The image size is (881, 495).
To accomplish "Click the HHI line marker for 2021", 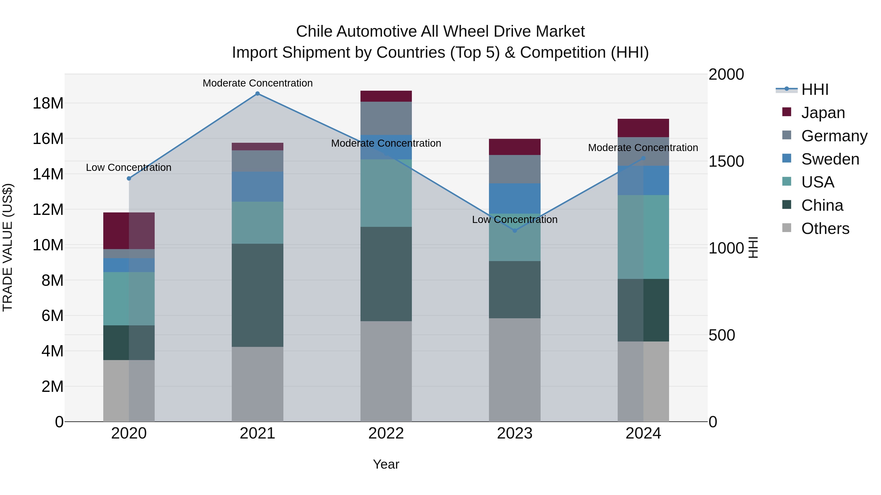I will tap(257, 94).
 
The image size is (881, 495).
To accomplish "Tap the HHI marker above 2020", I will tap(129, 178).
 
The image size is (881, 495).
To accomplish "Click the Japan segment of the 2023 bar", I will tap(515, 147).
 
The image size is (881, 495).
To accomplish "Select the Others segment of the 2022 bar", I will tap(386, 371).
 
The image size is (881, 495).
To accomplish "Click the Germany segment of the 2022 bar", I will tap(386, 118).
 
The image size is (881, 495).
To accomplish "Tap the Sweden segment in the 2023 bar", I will tap(515, 198).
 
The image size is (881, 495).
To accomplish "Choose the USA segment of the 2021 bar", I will tap(257, 222).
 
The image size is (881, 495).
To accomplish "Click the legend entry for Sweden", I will tap(830, 159).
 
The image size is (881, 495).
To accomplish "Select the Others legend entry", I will tap(825, 229).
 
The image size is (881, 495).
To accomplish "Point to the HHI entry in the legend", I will tap(815, 89).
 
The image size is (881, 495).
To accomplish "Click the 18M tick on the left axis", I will tap(48, 103).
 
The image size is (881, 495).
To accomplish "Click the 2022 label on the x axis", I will tap(386, 433).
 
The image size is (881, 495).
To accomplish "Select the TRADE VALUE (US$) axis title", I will tap(8, 247).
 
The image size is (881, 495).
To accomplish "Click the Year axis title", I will tap(386, 464).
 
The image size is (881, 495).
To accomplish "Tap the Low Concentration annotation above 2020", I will tap(128, 167).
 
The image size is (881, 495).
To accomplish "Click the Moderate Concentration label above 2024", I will tap(643, 148).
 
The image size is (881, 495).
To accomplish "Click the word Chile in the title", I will tap(314, 32).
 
